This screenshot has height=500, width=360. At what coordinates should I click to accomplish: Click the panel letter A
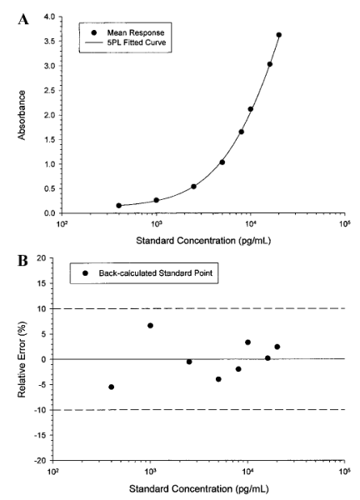click(x=23, y=20)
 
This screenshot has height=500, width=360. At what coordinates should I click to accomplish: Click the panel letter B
click(x=22, y=261)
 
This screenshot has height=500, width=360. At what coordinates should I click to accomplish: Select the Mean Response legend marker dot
click(x=93, y=32)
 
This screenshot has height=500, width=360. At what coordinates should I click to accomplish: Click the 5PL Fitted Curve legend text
click(x=137, y=42)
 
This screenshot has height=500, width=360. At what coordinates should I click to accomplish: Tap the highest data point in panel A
click(x=278, y=35)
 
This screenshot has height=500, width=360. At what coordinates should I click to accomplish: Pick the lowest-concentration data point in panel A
click(x=119, y=205)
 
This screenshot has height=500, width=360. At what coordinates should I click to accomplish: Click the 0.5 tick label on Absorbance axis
click(x=50, y=188)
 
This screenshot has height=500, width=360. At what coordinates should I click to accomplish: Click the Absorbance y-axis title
click(x=22, y=115)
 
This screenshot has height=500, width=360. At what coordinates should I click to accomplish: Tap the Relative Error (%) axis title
click(x=22, y=359)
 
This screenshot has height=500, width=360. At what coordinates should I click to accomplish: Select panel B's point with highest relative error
click(x=150, y=326)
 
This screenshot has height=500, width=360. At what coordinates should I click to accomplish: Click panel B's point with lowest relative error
click(x=112, y=387)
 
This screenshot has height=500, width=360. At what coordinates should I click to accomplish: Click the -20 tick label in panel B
click(x=42, y=461)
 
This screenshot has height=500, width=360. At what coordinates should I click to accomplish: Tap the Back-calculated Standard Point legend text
click(x=156, y=273)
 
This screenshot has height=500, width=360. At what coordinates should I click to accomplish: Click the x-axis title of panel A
click(x=203, y=241)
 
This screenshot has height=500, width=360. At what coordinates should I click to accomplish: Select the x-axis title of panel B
click(x=198, y=488)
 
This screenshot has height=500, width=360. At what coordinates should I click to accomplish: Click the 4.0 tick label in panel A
click(x=50, y=17)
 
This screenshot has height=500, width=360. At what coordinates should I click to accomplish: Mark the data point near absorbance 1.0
click(x=222, y=162)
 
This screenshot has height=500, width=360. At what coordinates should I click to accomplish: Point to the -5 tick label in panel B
click(x=42, y=384)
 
